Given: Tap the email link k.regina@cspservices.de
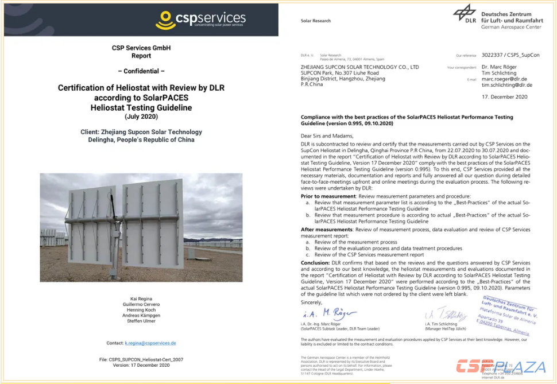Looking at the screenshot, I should (x=150, y=343).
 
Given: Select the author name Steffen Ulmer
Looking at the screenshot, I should (x=141, y=321).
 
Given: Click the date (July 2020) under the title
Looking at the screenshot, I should (x=141, y=116).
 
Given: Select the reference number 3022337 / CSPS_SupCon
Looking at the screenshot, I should (x=506, y=56).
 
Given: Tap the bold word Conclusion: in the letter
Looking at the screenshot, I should (x=315, y=262).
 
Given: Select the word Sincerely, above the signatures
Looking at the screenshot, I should (x=311, y=302).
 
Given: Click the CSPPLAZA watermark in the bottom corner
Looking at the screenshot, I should (x=501, y=366).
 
